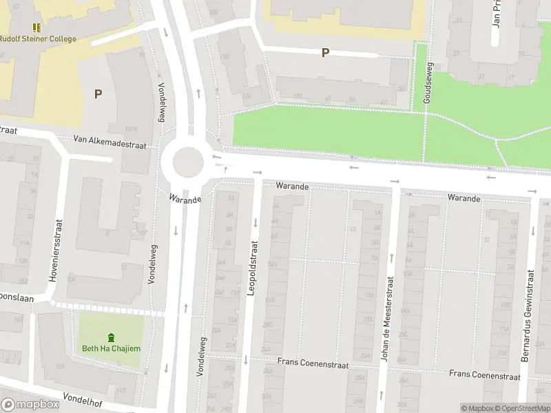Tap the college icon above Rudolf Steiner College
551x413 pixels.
pyautogui.click(x=37, y=28)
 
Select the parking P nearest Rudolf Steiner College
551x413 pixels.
pyautogui.click(x=98, y=94)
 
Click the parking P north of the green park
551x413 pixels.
pyautogui.click(x=325, y=52)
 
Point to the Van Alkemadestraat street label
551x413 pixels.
pyautogui.click(x=110, y=139)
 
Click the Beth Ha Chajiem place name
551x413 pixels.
pyautogui.click(x=111, y=348)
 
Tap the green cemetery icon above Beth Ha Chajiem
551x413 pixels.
pyautogui.click(x=111, y=337)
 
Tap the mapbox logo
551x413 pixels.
pyautogui.click(x=30, y=405)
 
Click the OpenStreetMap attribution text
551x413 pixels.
pyautogui.click(x=523, y=408)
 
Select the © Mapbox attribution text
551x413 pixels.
pyautogui.click(x=477, y=408)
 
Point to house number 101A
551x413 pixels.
pyautogui.click(x=132, y=129)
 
